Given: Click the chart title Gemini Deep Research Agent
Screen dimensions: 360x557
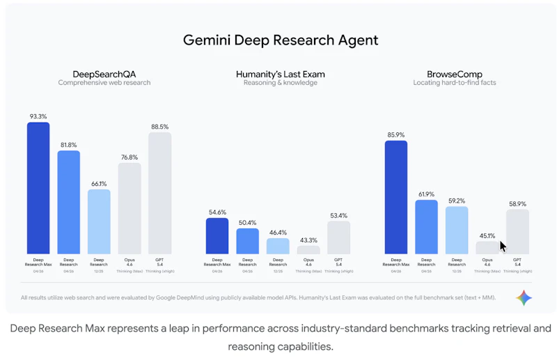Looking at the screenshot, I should pyautogui.click(x=281, y=40).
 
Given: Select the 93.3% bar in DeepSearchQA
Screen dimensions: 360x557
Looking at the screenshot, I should pyautogui.click(x=38, y=188).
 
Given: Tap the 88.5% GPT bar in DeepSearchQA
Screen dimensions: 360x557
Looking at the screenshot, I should pyautogui.click(x=159, y=193).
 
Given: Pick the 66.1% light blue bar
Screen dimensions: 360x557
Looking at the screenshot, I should pyautogui.click(x=99, y=221).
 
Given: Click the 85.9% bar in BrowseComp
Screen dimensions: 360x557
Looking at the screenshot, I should pyautogui.click(x=395, y=197).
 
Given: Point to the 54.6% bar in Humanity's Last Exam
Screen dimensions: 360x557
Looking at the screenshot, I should pyautogui.click(x=217, y=236).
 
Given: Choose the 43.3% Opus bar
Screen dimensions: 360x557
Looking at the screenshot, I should pyautogui.click(x=308, y=249).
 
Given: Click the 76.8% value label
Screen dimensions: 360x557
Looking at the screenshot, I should pyautogui.click(x=130, y=157).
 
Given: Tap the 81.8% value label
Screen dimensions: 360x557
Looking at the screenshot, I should pyautogui.click(x=68, y=145).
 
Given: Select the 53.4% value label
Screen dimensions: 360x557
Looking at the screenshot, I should pyautogui.click(x=338, y=216).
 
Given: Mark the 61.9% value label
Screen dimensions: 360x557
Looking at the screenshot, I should pyautogui.click(x=426, y=194).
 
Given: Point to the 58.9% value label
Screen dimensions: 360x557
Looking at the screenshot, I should pyautogui.click(x=517, y=204).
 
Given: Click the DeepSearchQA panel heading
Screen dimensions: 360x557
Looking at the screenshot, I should pyautogui.click(x=104, y=74).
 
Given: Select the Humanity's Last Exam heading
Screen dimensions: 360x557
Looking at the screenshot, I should pyautogui.click(x=280, y=74).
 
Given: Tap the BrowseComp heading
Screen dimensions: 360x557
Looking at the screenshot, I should pyautogui.click(x=455, y=74).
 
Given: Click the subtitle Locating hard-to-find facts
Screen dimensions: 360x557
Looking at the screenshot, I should pyautogui.click(x=455, y=83).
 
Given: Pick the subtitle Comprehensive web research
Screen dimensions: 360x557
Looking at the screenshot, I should pyautogui.click(x=104, y=83).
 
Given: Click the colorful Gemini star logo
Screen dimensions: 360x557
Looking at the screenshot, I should pyautogui.click(x=524, y=298).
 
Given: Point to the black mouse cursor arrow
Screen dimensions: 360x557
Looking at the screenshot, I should pyautogui.click(x=503, y=246).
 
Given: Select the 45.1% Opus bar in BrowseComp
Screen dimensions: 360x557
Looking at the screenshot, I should pyautogui.click(x=487, y=248).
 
